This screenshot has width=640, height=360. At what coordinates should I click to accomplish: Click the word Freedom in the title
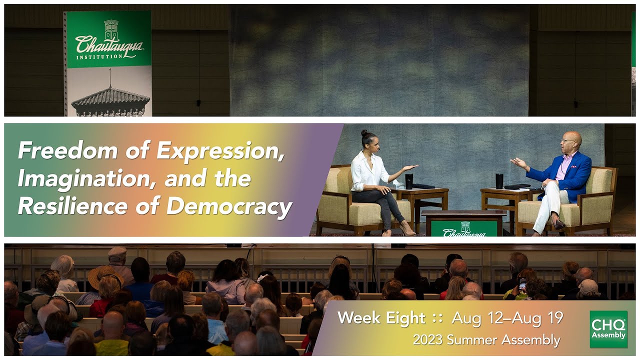pyautogui.click(x=67, y=150)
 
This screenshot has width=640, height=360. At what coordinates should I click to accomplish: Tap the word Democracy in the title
pyautogui.click(x=229, y=207)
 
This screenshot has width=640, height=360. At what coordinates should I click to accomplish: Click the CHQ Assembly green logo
pyautogui.click(x=608, y=329)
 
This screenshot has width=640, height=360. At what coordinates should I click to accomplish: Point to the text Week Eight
pyautogui.click(x=381, y=318)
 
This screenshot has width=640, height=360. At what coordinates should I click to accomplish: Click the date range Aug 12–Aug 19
pyautogui.click(x=507, y=317)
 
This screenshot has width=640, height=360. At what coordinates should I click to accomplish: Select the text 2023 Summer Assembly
pyautogui.click(x=486, y=340)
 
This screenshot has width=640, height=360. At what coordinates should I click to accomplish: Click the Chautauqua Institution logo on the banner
pyautogui.click(x=109, y=40)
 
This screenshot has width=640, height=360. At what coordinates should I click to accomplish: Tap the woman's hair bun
pyautogui.click(x=364, y=133)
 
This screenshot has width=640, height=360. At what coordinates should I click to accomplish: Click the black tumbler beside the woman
pyautogui.click(x=409, y=181)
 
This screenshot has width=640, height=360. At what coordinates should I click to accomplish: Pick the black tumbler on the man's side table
pyautogui.click(x=499, y=181)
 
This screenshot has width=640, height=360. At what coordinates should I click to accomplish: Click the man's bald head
pyautogui.click(x=573, y=138)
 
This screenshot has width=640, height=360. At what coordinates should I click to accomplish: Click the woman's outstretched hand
pyautogui.click(x=411, y=167)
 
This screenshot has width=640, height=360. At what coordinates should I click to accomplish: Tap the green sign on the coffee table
pyautogui.click(x=464, y=228)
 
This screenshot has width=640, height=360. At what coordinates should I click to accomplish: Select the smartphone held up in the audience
pyautogui.click(x=522, y=283)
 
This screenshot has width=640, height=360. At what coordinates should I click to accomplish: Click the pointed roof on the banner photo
pyautogui.click(x=110, y=97)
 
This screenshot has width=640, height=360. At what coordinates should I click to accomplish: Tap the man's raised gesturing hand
pyautogui.click(x=518, y=163)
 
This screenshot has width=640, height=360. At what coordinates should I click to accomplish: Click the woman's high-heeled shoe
pyautogui.click(x=407, y=229)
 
